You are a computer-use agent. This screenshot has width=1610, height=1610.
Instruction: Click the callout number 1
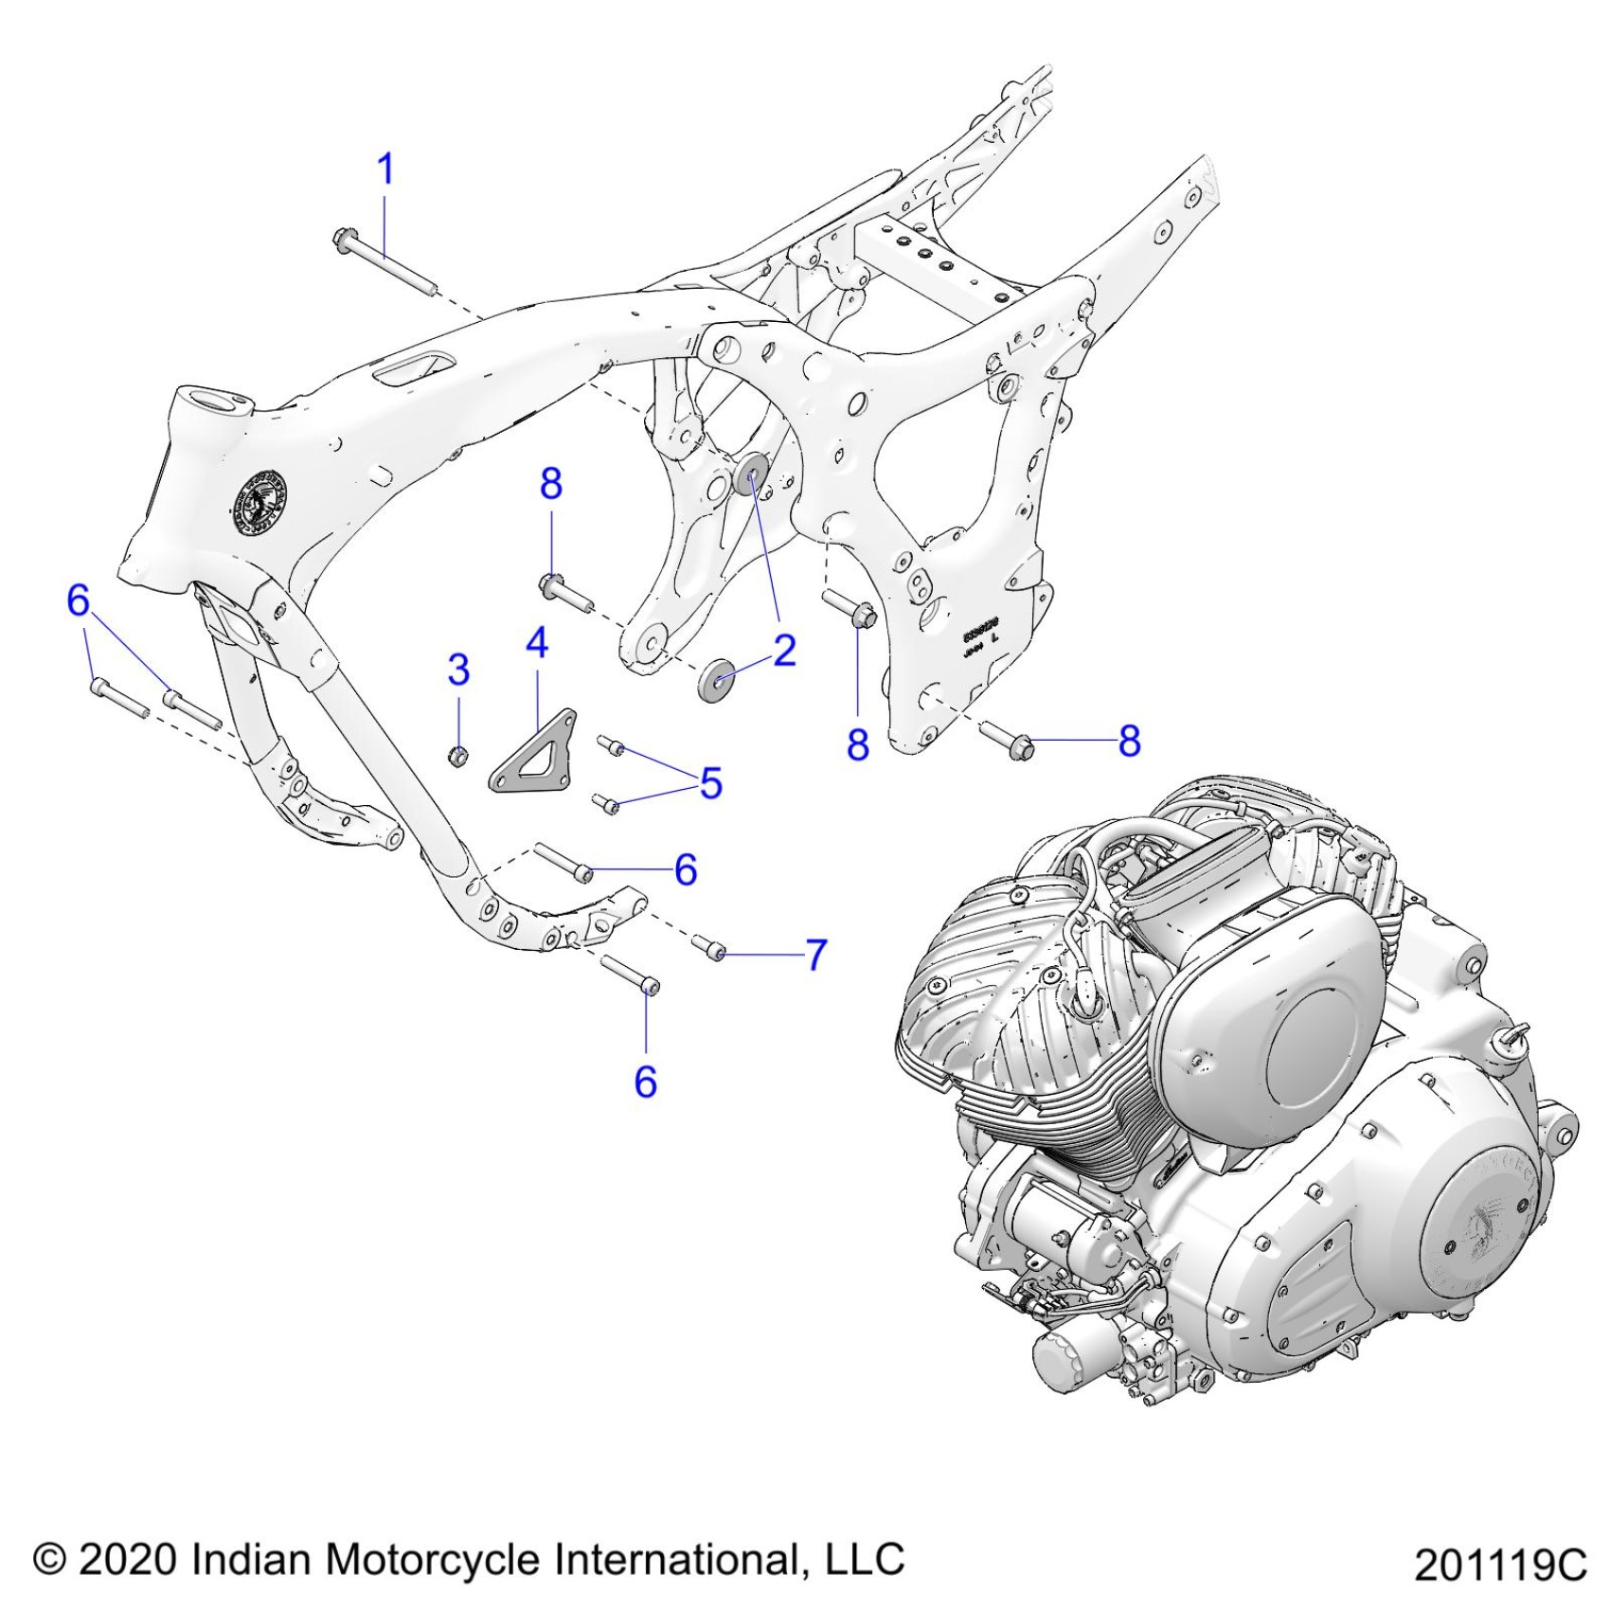(385, 170)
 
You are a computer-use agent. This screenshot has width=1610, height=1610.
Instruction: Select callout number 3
(458, 670)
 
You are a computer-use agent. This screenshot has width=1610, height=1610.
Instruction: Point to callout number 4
(537, 643)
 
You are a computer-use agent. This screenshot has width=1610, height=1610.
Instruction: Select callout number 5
(711, 783)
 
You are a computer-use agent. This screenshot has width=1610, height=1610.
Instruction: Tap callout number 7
(816, 955)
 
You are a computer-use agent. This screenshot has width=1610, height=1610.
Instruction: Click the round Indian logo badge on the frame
(260, 502)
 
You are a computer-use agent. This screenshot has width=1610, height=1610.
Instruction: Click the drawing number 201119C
(1500, 1565)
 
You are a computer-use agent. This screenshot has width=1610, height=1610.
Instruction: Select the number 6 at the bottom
(645, 1082)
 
